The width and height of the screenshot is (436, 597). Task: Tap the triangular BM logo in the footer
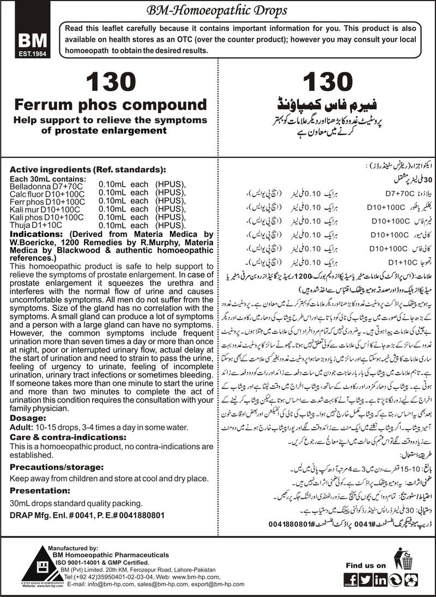(x=25, y=566)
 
